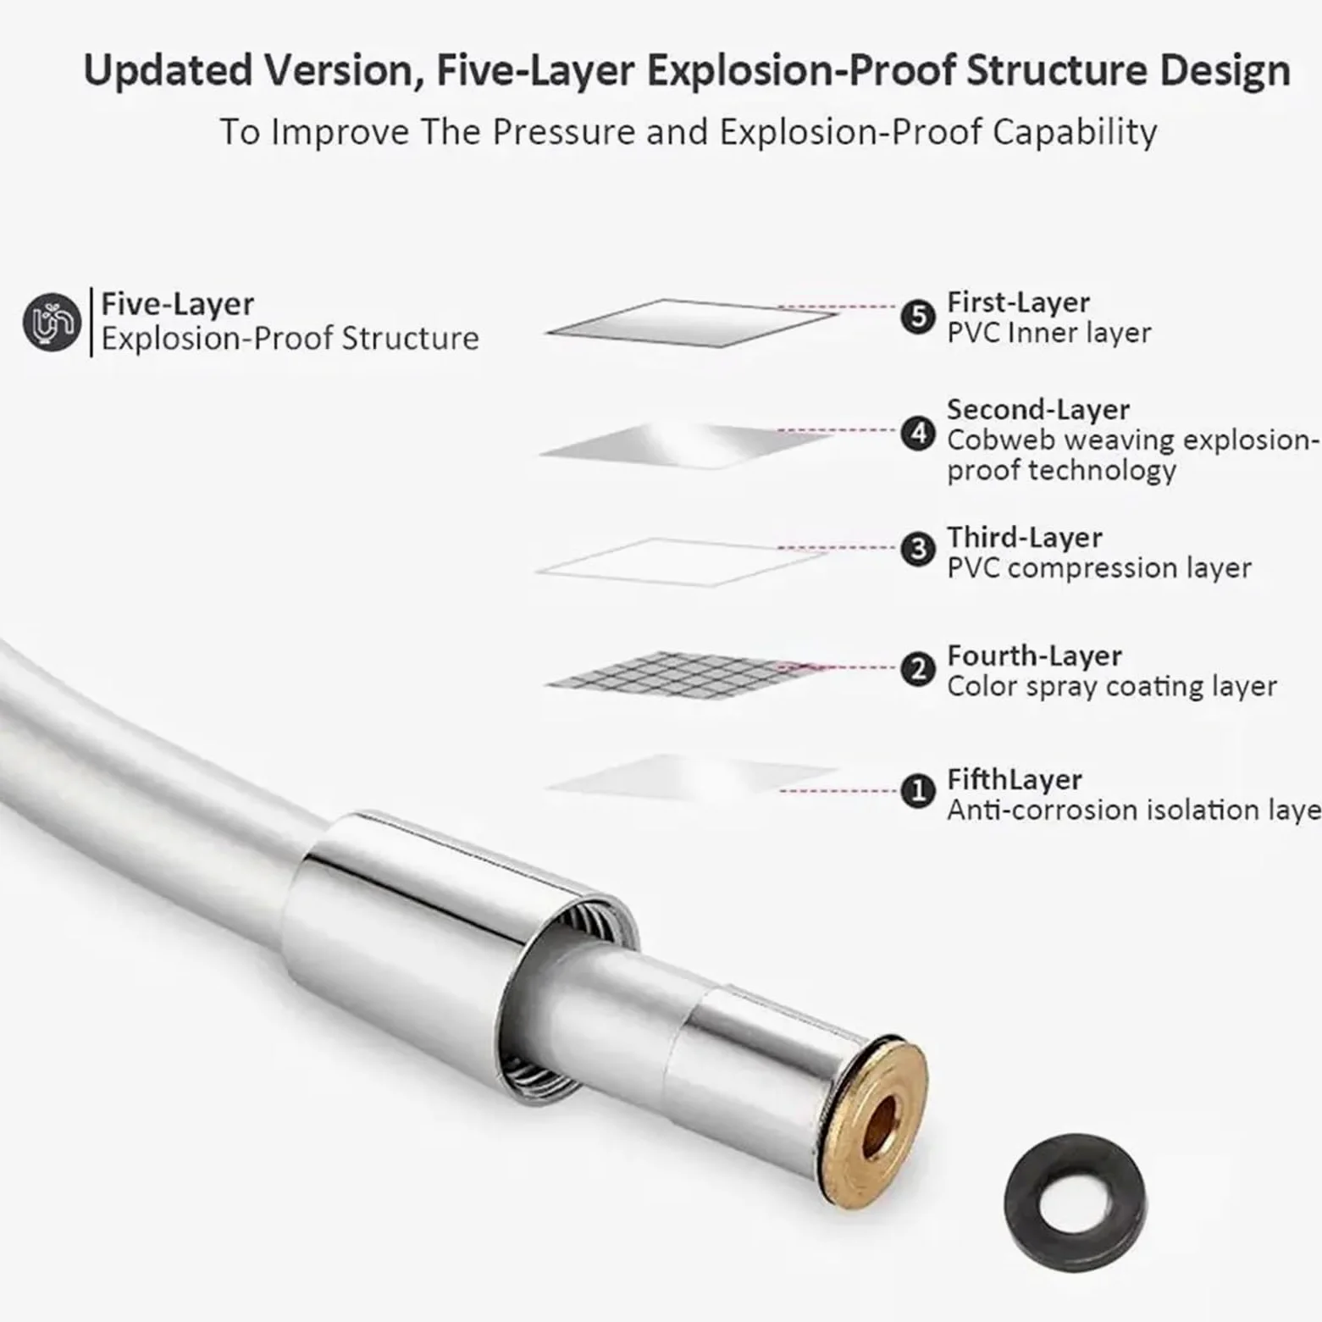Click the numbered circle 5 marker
pyautogui.click(x=918, y=318)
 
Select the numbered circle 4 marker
pyautogui.click(x=918, y=434)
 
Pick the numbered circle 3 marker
pyautogui.click(x=918, y=550)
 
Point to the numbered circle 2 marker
pyautogui.click(x=918, y=670)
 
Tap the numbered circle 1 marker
pyautogui.click(x=918, y=792)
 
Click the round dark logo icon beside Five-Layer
pyautogui.click(x=53, y=323)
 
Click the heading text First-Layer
pyautogui.click(x=1018, y=302)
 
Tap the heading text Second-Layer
pyautogui.click(x=1038, y=410)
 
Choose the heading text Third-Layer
pyautogui.click(x=1025, y=538)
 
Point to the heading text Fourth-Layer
pyautogui.click(x=1034, y=656)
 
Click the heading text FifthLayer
pyautogui.click(x=1015, y=780)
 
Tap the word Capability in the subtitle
pyautogui.click(x=1075, y=132)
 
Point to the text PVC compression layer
pyautogui.click(x=1099, y=568)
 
